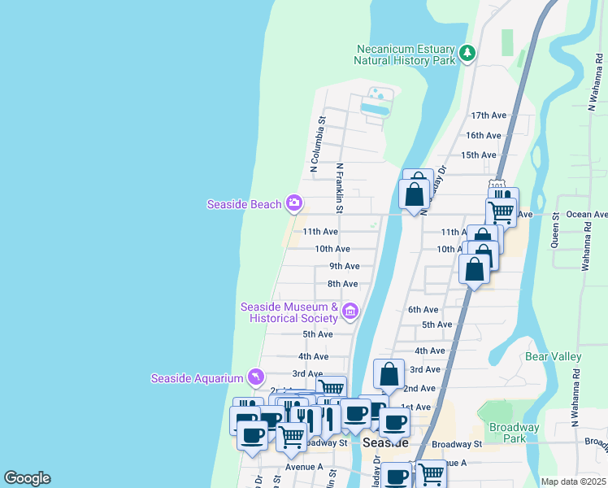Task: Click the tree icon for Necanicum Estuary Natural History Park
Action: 467,54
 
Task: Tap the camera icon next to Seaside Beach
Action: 293,203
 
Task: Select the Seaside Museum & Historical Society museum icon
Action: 350,311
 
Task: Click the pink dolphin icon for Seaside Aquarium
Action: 256,377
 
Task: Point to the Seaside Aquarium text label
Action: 197,378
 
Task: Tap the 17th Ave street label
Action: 488,115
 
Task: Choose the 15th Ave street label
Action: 478,155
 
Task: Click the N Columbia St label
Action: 317,143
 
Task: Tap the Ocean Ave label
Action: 587,215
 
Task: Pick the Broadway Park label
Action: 515,433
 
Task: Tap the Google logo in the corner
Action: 27,478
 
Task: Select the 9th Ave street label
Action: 344,266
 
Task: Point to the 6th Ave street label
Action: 423,309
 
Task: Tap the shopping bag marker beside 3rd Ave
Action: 389,374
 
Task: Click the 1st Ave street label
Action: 415,407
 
